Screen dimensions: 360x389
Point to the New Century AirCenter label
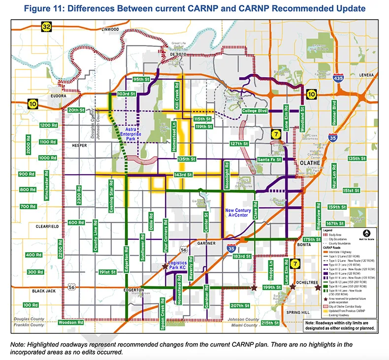point(239,213)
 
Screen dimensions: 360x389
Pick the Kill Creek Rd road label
point(178,92)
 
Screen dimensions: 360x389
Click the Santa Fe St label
point(269,160)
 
